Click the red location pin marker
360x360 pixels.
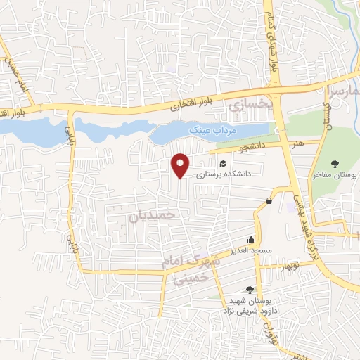point(181,165)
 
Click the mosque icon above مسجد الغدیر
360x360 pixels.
point(251,240)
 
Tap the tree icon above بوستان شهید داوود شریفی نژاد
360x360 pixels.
point(250,290)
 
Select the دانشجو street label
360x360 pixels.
point(252,148)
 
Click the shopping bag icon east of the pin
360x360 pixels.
point(269,202)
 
